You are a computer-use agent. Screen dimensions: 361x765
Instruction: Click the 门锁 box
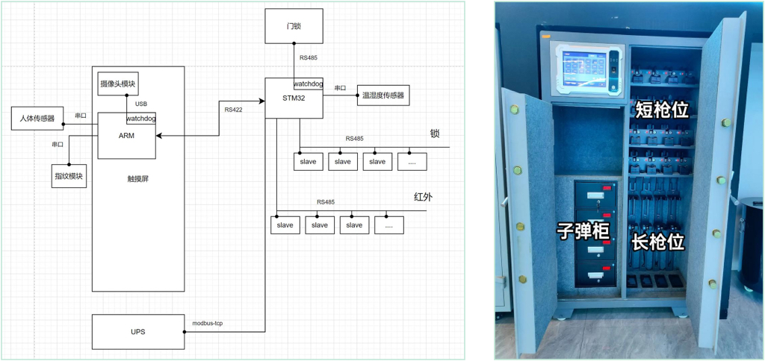294,26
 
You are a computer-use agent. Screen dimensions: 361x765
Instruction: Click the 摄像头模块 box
118,83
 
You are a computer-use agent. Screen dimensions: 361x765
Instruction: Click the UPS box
137,331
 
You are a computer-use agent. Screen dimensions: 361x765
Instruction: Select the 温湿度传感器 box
383,95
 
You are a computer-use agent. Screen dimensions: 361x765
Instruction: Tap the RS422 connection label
233,110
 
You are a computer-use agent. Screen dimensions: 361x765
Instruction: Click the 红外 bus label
423,198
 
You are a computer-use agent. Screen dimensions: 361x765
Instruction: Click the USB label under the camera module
141,104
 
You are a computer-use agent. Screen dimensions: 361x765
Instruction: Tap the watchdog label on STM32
308,84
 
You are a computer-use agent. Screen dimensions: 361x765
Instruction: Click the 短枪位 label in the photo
660,110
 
